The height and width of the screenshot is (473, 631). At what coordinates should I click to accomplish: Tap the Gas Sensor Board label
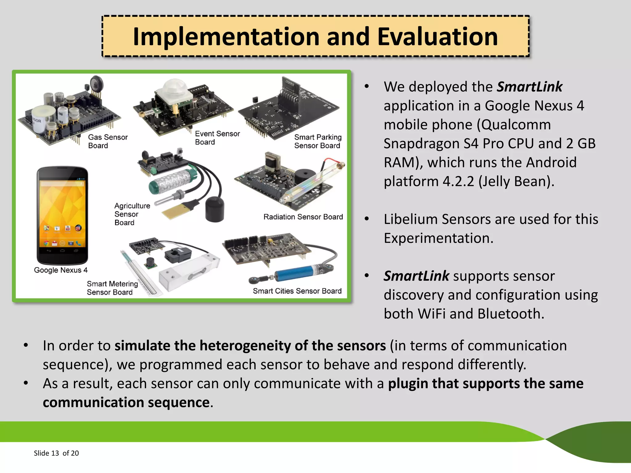tap(108, 141)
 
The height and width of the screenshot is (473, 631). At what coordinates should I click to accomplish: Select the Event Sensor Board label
tap(217, 138)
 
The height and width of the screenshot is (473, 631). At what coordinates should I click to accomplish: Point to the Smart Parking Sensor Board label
tap(318, 141)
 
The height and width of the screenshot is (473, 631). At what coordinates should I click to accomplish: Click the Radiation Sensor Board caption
tap(303, 217)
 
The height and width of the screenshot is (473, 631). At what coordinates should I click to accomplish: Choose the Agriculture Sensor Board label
tap(132, 214)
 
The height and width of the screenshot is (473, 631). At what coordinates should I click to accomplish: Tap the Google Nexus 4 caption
tap(61, 270)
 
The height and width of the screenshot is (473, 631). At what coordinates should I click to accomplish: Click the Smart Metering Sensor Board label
tap(112, 288)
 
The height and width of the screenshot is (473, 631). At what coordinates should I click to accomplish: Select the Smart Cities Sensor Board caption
tap(297, 291)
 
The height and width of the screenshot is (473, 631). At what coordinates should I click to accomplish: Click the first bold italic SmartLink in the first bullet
tap(529, 87)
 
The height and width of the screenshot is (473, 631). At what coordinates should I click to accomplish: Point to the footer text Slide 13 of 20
tap(56, 453)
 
